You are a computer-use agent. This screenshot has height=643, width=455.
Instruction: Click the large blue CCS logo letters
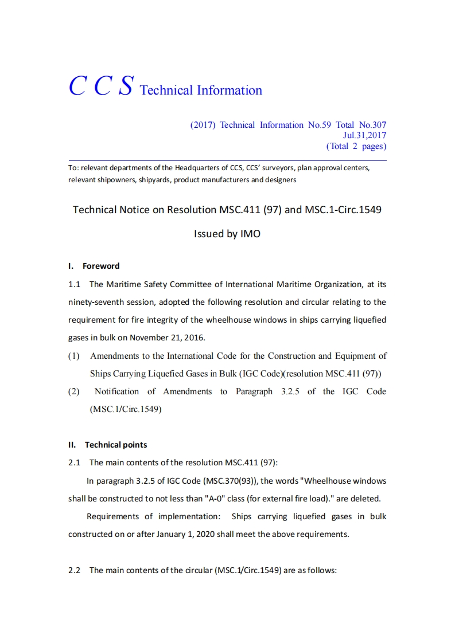[x=102, y=86]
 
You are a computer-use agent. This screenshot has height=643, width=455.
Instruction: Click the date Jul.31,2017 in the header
[x=364, y=135]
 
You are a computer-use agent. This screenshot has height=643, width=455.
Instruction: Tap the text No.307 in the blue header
[x=372, y=125]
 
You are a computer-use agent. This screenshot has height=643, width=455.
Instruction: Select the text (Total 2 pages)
[x=356, y=146]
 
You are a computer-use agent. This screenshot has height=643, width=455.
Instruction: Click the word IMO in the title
[x=249, y=234]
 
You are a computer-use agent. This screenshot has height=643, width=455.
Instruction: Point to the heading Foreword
[x=101, y=266]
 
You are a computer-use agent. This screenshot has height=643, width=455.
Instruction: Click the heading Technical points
[x=116, y=445]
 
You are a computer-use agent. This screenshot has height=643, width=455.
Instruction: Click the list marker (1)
[x=74, y=356]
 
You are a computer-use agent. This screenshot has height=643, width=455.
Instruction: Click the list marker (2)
[x=74, y=391]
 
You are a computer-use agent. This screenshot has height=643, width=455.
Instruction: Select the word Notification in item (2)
[x=116, y=391]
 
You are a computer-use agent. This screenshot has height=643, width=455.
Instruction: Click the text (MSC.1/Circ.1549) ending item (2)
[x=126, y=409]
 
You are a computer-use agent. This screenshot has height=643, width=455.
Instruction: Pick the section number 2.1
[x=74, y=462]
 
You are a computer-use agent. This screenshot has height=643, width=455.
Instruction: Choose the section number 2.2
[x=74, y=570]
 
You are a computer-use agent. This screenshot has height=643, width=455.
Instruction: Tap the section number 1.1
[x=74, y=284]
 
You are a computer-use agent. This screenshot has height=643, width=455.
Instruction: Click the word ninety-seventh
[x=97, y=302]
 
